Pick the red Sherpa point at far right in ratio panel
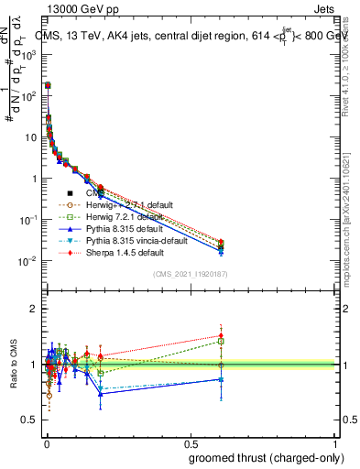pyautogui.click(x=221, y=335)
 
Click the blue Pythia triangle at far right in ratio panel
pyautogui.click(x=221, y=378)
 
